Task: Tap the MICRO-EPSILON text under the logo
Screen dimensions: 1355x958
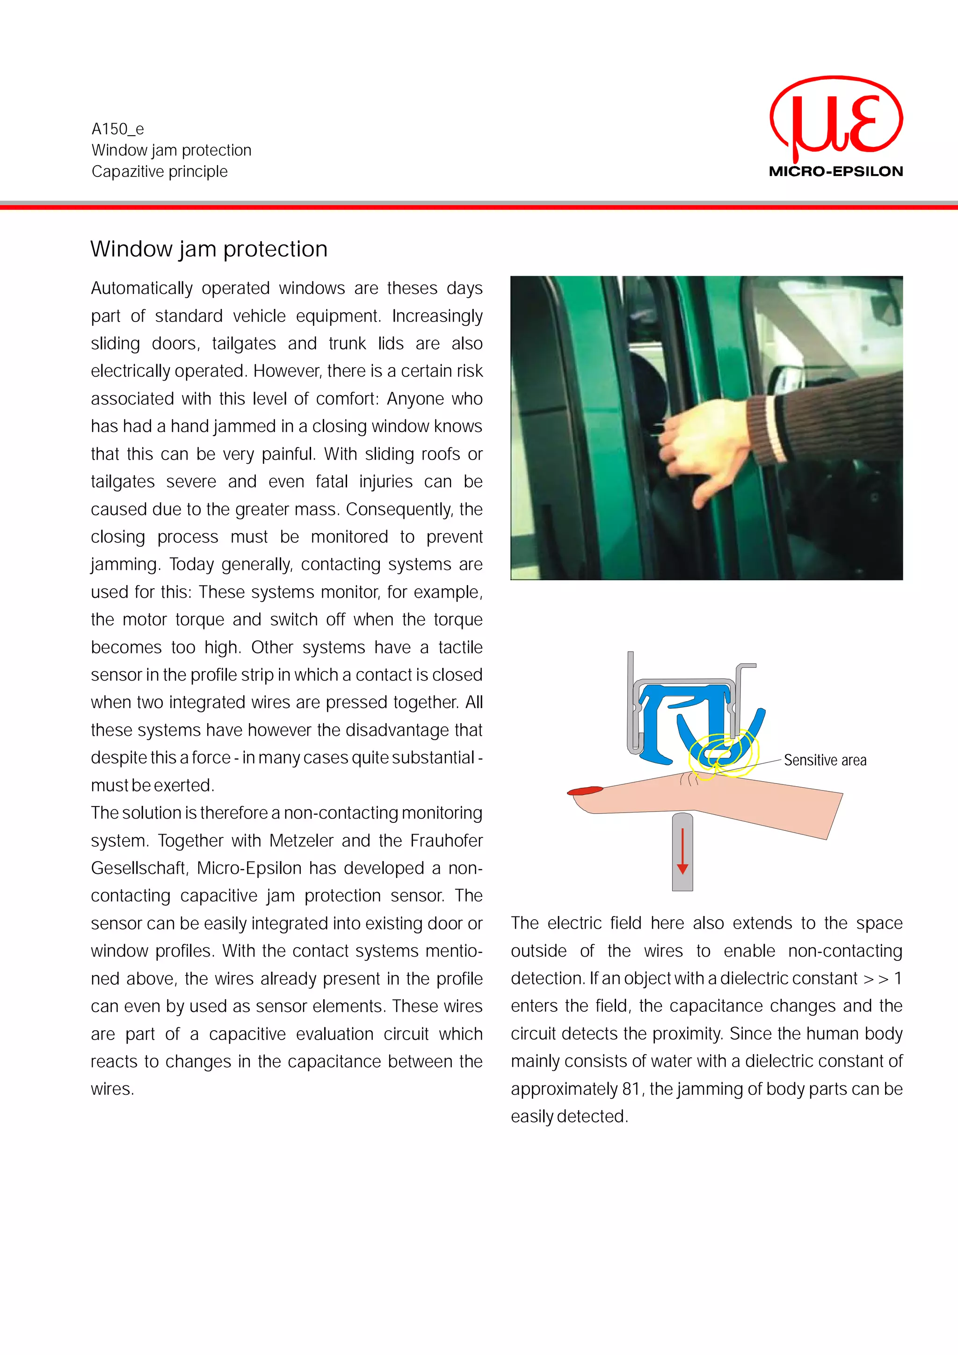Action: pyautogui.click(x=836, y=172)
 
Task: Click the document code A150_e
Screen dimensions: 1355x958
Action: pyautogui.click(x=117, y=129)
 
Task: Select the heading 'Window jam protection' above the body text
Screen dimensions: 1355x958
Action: pyautogui.click(x=209, y=249)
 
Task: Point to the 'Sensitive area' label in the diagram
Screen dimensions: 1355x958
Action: pyautogui.click(x=825, y=760)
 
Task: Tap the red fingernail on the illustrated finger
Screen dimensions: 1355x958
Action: pyautogui.click(x=585, y=790)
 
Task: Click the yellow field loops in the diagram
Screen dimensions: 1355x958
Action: pyautogui.click(x=723, y=755)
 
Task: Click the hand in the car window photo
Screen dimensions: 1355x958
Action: pyautogui.click(x=702, y=443)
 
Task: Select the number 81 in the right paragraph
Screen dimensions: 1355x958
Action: pyautogui.click(x=631, y=1089)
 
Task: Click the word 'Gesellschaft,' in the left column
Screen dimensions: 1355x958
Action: pyautogui.click(x=139, y=868)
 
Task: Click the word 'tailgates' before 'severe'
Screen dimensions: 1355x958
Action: pyautogui.click(x=123, y=482)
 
